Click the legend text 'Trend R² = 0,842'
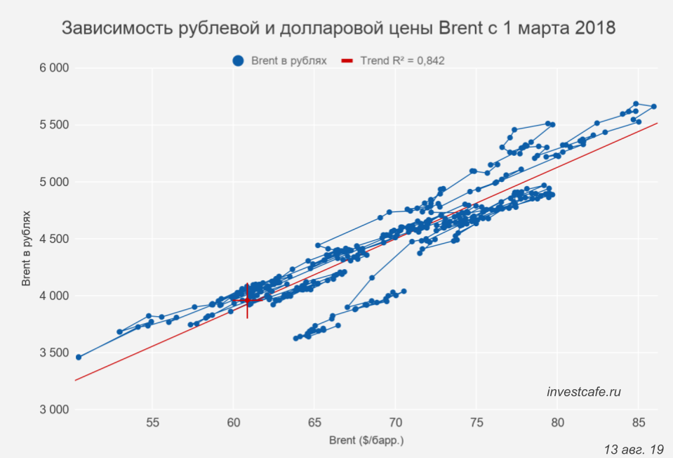[402, 61]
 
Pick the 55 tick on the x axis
[152, 423]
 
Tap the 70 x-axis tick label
[395, 423]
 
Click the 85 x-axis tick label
[638, 423]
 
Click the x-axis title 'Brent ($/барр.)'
[366, 440]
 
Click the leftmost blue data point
[79, 357]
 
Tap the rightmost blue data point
[653, 107]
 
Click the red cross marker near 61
[247, 300]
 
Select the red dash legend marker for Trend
[347, 61]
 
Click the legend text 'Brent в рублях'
[289, 61]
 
